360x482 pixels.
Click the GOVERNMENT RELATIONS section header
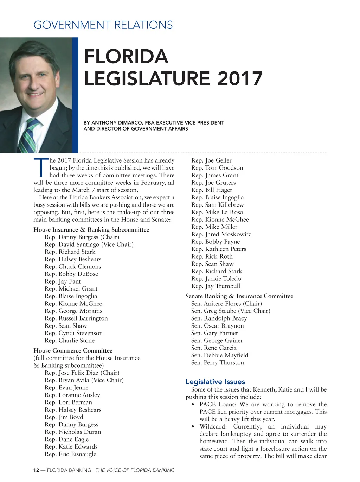pos(103,25)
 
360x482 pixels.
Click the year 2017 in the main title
pos(240,78)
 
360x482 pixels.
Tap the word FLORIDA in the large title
pos(126,57)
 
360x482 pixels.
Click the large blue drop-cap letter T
pos(40,168)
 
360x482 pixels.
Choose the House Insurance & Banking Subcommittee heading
pos(91,230)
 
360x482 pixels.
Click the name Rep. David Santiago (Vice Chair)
pos(89,245)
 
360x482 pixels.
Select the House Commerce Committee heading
pos(73,351)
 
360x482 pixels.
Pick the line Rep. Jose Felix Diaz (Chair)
pos(82,373)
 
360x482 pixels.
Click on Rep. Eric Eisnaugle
pos(70,454)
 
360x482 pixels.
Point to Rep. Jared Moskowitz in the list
pos(221,234)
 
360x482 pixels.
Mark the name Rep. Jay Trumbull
pos(216,286)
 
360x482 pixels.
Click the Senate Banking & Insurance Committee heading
pos(239,296)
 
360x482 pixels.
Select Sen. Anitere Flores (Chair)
pos(226,304)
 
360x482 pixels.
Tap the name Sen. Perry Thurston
pos(217,363)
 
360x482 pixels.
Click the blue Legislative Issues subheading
pos(215,382)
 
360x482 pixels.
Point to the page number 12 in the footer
pos(36,470)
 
